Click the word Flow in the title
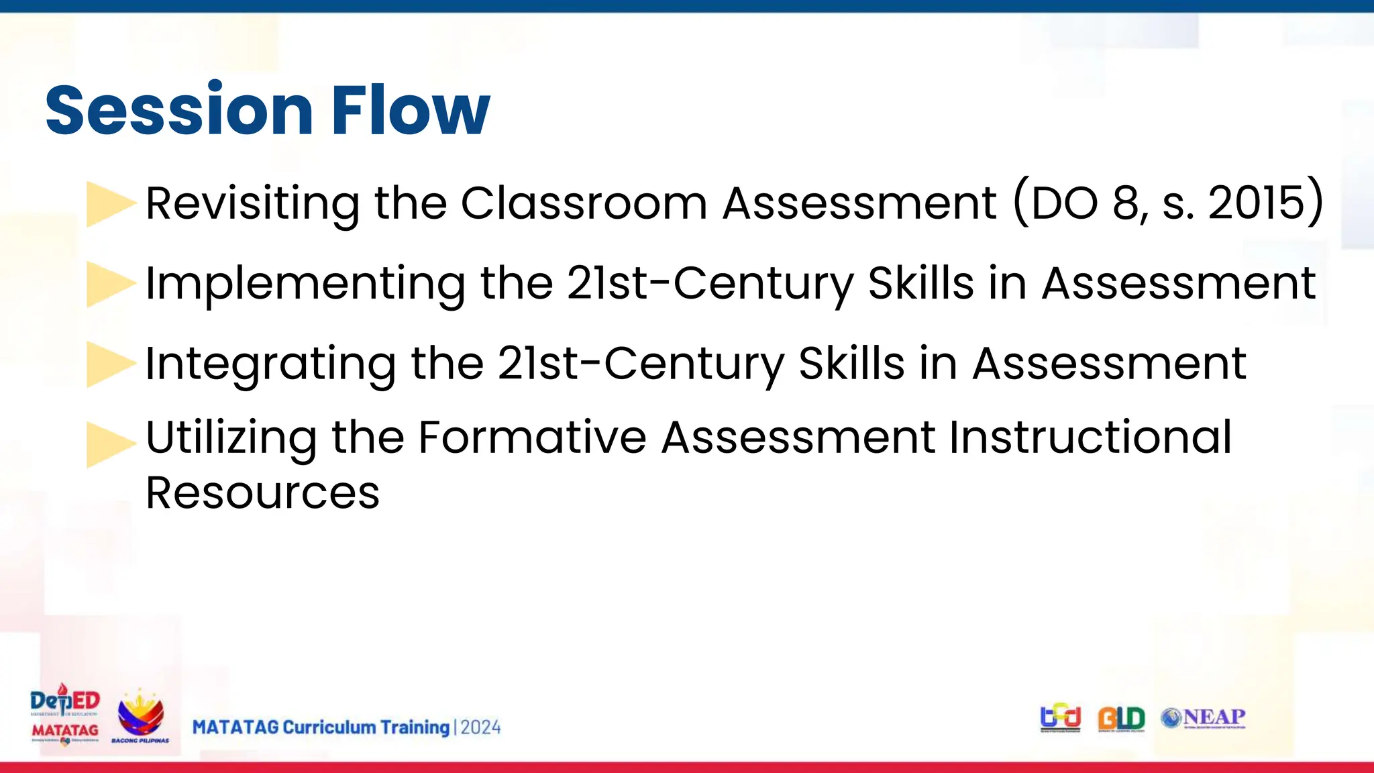(411, 110)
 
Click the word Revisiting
(252, 203)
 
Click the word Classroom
(584, 203)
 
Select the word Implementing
(305, 284)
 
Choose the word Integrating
(270, 364)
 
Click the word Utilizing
(231, 438)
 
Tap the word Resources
(262, 493)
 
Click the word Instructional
(1090, 438)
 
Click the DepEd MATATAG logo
(65, 715)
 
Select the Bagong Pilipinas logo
(140, 717)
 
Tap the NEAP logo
(1204, 718)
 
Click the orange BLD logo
(1121, 719)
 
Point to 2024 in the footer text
(480, 727)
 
